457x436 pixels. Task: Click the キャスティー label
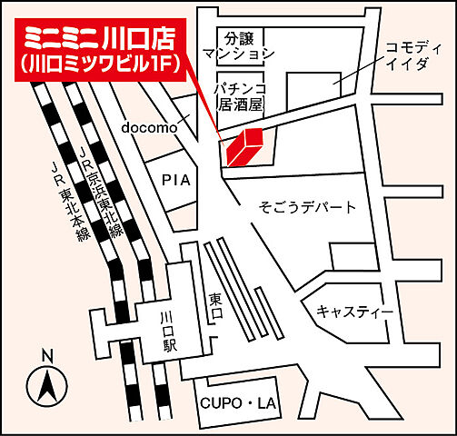pyautogui.click(x=354, y=312)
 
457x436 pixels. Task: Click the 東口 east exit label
pyautogui.click(x=215, y=306)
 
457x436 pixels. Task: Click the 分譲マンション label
pyautogui.click(x=238, y=46)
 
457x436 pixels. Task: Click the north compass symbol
pyautogui.click(x=48, y=387)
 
